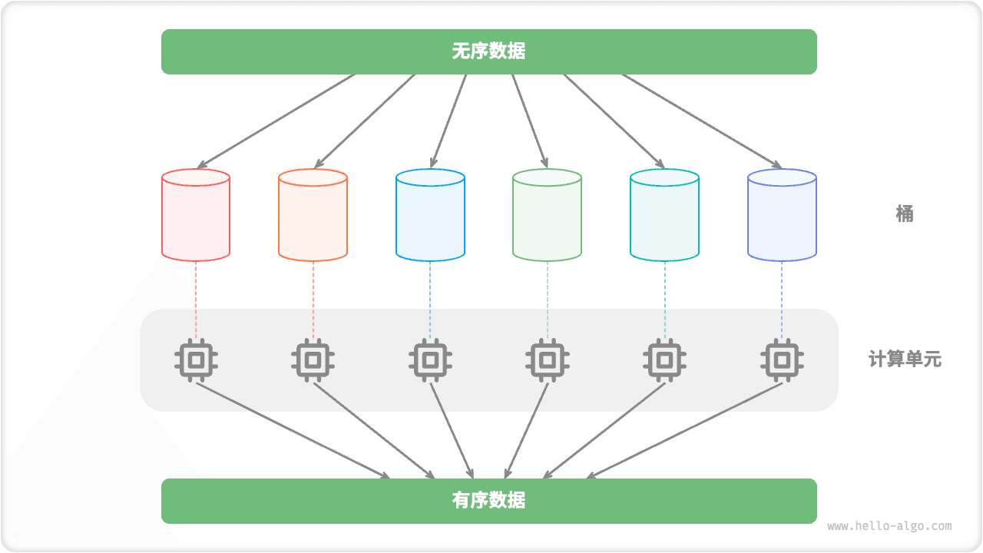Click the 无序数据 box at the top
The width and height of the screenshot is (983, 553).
point(488,51)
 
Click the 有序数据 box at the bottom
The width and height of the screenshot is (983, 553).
point(488,501)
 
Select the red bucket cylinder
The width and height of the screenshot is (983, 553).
point(196,216)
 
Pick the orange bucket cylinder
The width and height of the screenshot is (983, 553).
point(313,216)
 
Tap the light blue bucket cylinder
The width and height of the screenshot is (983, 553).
point(430,216)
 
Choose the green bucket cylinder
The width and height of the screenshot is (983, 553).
point(547,216)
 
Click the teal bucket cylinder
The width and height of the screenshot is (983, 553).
point(664,216)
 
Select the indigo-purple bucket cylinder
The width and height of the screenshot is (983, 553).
point(782,216)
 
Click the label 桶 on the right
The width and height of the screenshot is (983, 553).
point(905,214)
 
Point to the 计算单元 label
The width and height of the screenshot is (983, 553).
point(905,359)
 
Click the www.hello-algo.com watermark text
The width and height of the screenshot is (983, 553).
point(889,526)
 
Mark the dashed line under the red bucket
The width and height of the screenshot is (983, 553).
point(196,300)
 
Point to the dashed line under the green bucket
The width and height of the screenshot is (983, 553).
point(548,300)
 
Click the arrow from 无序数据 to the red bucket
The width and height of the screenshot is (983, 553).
point(276,121)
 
